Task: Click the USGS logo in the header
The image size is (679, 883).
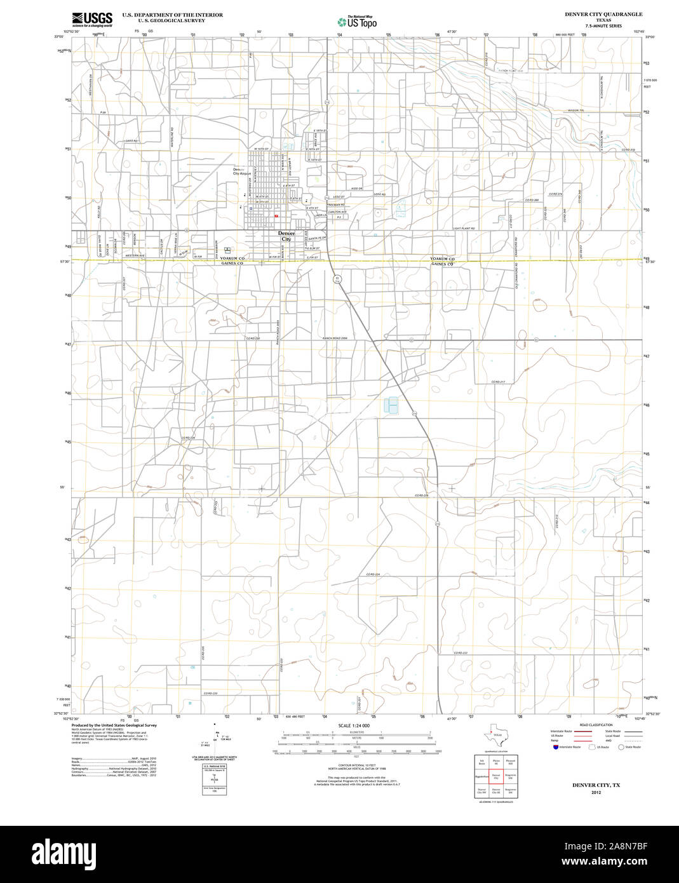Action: (91, 18)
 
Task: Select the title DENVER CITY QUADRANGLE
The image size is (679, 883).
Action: (603, 14)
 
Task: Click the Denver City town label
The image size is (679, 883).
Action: (286, 236)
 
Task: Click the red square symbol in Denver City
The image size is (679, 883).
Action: (276, 216)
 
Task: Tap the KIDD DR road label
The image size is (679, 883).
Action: (356, 189)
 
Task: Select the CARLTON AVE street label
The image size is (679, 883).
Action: (337, 212)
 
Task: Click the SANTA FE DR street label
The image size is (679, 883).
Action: (317, 238)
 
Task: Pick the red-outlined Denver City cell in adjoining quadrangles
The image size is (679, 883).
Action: (496, 776)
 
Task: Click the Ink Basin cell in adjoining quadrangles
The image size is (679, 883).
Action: (482, 762)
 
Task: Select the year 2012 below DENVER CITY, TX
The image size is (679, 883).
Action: (595, 793)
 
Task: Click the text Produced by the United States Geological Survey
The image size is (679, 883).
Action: (114, 725)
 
